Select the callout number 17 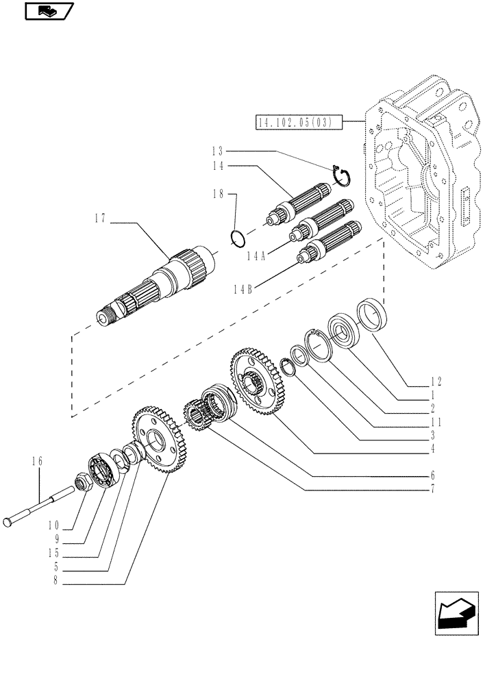click(101, 219)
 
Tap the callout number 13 click(217, 151)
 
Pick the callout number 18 click(217, 195)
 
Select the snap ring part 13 click(340, 175)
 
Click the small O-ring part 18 click(238, 238)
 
